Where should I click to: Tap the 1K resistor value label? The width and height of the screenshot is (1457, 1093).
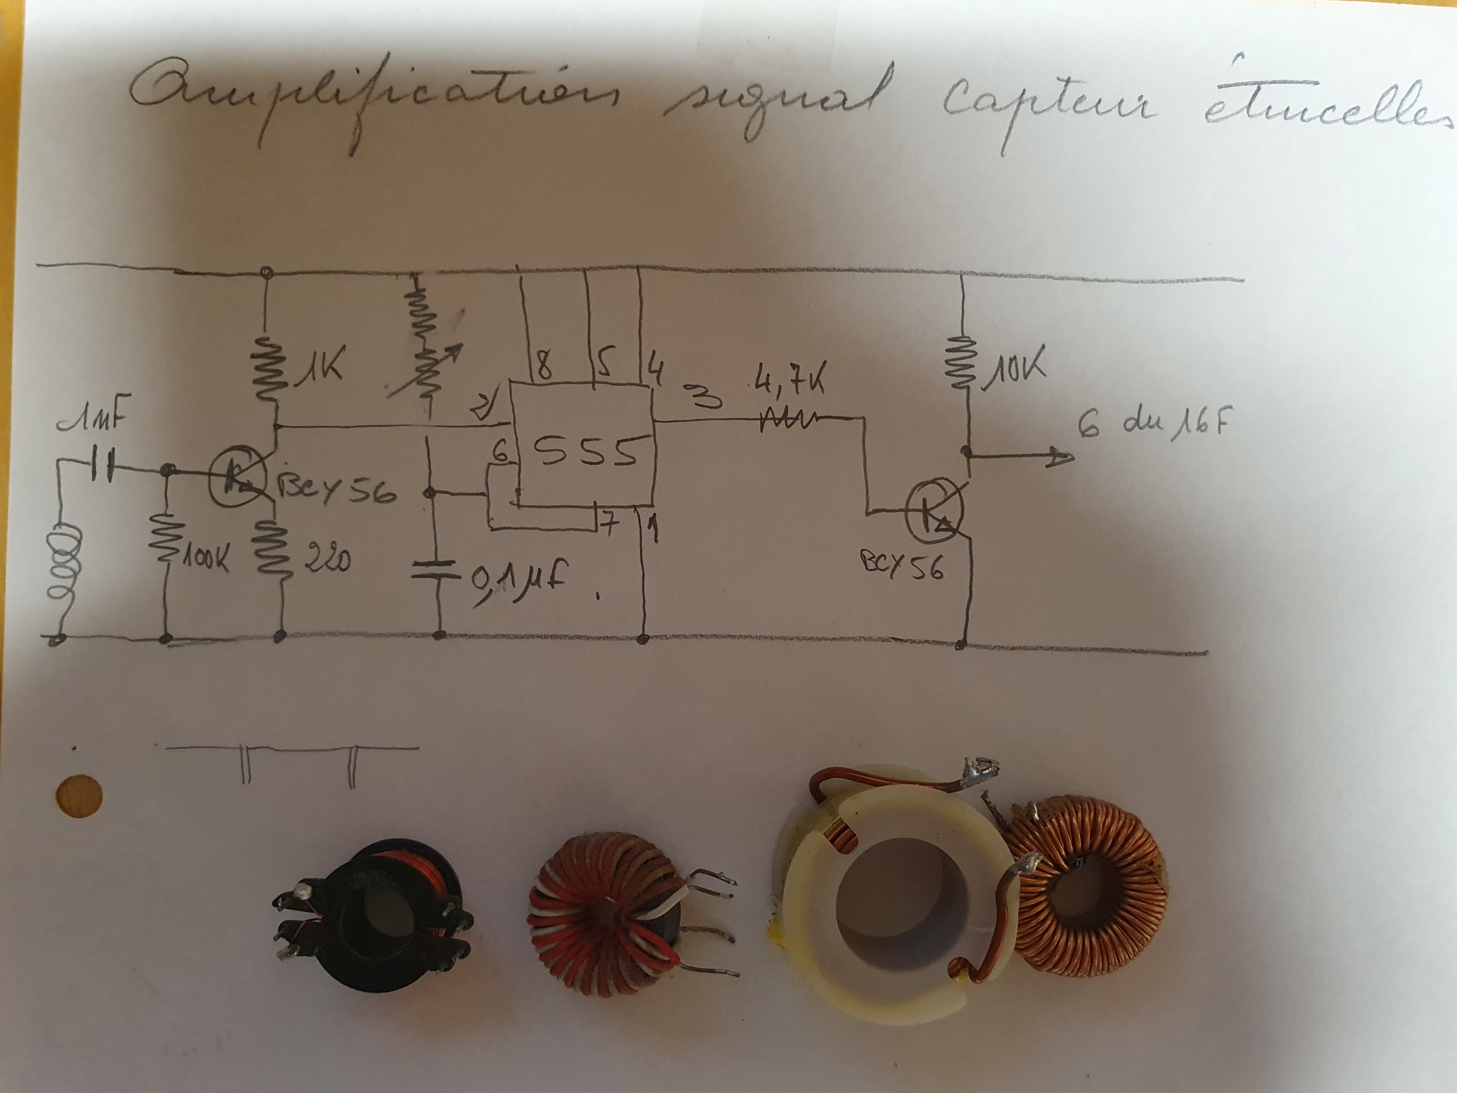coord(323,366)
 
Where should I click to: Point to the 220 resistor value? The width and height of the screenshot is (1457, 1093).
coord(327,560)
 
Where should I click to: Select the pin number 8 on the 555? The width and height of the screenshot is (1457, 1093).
coord(545,366)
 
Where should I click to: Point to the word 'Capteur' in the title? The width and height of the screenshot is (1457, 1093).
coord(1047,109)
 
